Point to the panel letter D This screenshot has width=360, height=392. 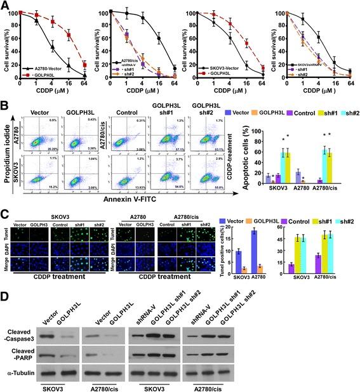4,295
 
